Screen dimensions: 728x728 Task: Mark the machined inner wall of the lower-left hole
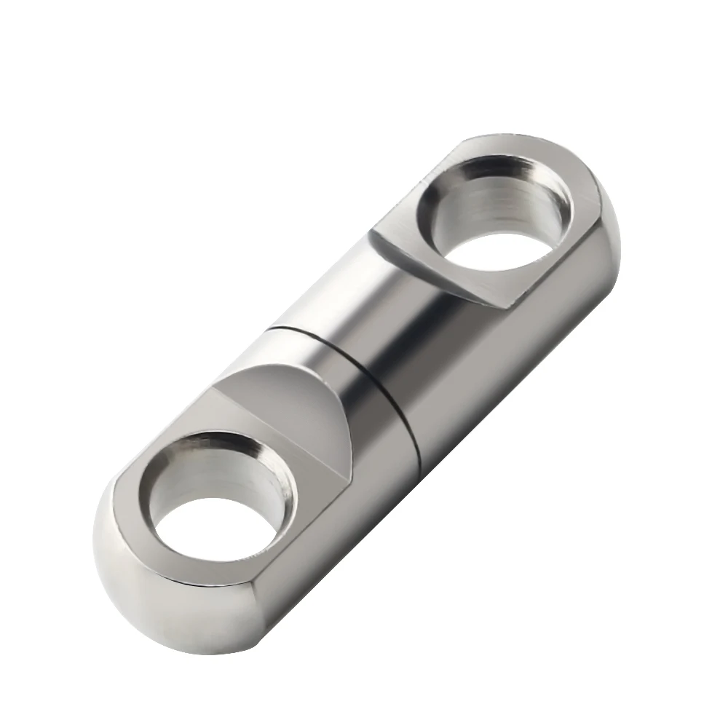218,466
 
